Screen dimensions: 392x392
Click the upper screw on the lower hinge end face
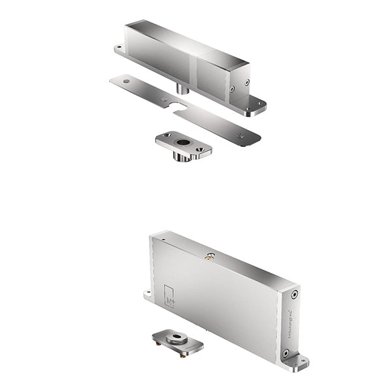293,295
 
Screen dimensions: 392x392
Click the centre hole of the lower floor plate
176,338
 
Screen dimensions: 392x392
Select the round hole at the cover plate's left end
125,81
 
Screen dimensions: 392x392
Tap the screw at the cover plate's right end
242,135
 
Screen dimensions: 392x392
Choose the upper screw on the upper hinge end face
246,82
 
